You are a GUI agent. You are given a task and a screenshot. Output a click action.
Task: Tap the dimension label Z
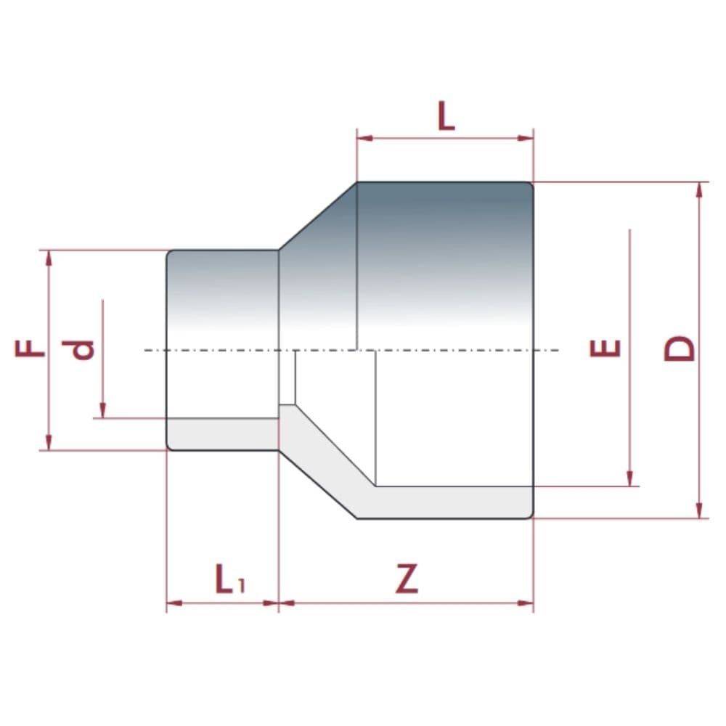(x=407, y=579)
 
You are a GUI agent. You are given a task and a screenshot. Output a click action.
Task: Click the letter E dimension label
(x=605, y=348)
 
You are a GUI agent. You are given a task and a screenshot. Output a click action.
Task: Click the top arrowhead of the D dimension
(x=699, y=189)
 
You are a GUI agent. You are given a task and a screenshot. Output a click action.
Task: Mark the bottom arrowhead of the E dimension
(x=629, y=479)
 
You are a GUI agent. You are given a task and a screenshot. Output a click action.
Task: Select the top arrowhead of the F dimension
(x=49, y=258)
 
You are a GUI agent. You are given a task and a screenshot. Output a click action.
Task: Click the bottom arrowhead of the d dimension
(x=102, y=411)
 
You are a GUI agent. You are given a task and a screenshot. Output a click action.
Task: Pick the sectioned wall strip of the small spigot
(x=221, y=433)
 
